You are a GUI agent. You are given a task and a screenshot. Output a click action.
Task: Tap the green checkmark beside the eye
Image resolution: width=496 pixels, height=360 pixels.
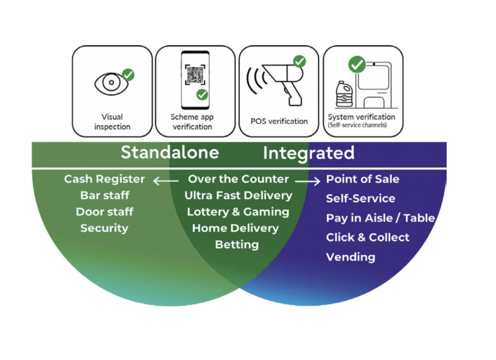tap(128, 75)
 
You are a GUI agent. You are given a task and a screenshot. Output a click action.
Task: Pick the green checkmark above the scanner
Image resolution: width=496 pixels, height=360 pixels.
tap(300, 61)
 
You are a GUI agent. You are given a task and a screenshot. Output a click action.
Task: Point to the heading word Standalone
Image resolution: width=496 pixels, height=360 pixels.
tap(170, 153)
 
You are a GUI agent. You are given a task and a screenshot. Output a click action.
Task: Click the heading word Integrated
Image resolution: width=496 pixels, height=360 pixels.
tap(308, 153)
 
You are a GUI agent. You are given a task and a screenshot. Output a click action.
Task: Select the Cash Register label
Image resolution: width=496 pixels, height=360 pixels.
tap(104, 179)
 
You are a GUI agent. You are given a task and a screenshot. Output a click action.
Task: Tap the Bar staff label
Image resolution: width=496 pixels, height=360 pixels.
tap(104, 195)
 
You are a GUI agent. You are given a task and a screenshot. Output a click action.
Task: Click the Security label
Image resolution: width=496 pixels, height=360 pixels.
tap(104, 228)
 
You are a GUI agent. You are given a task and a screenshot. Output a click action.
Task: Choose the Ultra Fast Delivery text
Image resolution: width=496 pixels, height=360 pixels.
tap(238, 195)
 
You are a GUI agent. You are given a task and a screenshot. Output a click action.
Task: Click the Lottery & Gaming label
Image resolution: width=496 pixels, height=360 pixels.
tap(238, 212)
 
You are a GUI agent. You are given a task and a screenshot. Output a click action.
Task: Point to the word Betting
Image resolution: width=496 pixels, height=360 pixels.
tap(237, 244)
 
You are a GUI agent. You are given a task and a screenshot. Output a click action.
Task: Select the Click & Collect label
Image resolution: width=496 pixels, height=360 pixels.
tap(367, 238)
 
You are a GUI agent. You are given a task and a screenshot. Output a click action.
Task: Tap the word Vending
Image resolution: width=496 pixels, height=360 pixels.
tap(350, 257)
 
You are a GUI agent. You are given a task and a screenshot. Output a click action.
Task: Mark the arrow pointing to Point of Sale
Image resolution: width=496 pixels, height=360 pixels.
tap(308, 180)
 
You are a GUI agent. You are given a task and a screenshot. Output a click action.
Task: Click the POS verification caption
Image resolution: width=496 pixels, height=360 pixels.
tap(278, 121)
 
